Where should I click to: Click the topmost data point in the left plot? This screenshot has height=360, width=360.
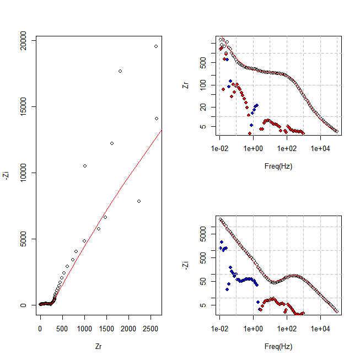click(x=156, y=46)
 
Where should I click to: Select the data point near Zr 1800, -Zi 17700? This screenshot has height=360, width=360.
click(x=120, y=71)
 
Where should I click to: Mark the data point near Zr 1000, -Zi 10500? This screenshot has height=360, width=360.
click(x=85, y=166)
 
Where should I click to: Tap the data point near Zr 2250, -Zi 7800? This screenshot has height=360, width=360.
click(x=139, y=201)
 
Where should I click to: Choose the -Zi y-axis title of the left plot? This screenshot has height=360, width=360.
click(x=7, y=175)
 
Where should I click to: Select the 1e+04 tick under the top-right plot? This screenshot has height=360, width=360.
click(x=320, y=149)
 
